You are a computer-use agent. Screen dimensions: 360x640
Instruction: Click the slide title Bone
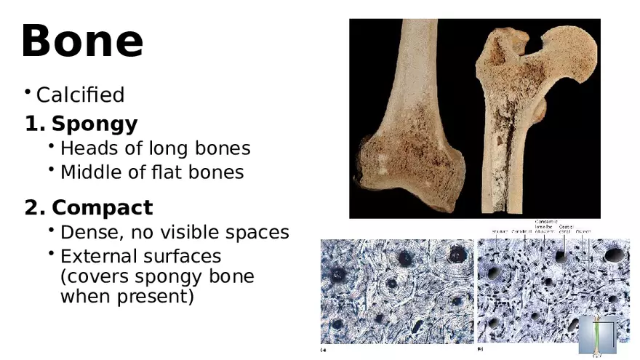click(x=82, y=41)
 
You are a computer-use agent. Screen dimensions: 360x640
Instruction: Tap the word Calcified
click(x=80, y=95)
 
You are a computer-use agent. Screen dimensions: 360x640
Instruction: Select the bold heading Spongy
click(x=94, y=124)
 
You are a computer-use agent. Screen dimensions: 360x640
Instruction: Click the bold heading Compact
click(x=102, y=208)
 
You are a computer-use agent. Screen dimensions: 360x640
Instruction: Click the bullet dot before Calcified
click(x=27, y=92)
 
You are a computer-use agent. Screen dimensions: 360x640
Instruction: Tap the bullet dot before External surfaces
click(x=52, y=253)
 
